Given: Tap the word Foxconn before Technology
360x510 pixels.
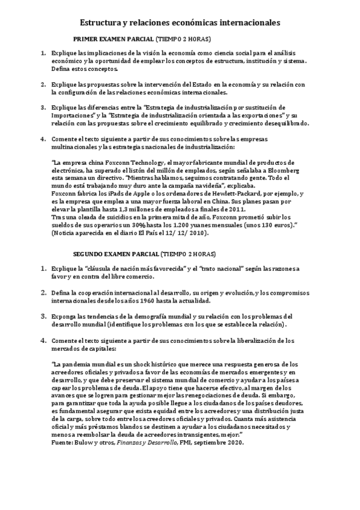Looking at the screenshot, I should pyautogui.click(x=129, y=162).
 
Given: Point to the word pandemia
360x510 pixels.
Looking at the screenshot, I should pyautogui.click(x=78, y=363).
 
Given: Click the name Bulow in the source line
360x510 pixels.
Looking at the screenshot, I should pyautogui.click(x=79, y=441).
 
